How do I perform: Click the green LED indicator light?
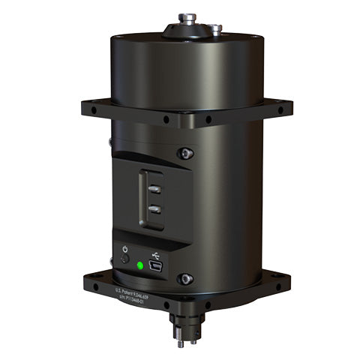click(x=140, y=265)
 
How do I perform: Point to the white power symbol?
click(x=124, y=249)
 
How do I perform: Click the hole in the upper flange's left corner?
click(x=93, y=109)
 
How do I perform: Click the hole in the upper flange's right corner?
click(x=280, y=110)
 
